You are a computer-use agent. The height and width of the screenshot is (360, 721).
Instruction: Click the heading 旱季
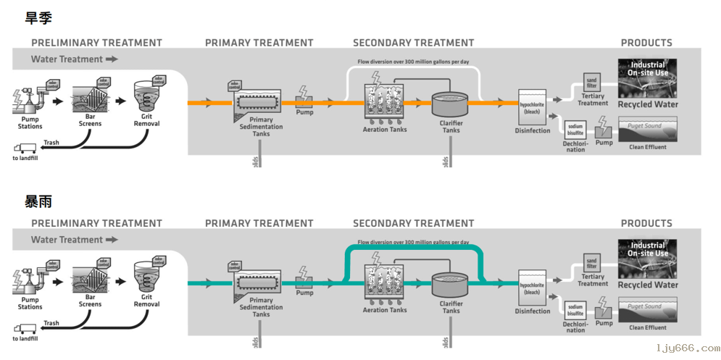pyautogui.click(x=38, y=18)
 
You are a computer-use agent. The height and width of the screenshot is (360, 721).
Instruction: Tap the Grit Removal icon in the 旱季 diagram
pyautogui.click(x=147, y=96)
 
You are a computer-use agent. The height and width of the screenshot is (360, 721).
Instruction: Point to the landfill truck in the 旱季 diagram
pyautogui.click(x=25, y=148)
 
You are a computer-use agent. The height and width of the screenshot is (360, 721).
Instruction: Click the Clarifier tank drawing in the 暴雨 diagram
pyautogui.click(x=451, y=285)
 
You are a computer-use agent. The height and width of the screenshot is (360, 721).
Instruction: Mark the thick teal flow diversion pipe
pyautogui.click(x=413, y=248)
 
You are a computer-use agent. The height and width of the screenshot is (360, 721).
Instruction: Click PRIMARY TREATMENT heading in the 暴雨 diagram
pyautogui.click(x=259, y=223)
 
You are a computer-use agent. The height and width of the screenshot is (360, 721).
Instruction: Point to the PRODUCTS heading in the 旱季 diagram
pyautogui.click(x=646, y=43)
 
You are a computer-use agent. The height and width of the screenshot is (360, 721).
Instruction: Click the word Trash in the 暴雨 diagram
pyautogui.click(x=51, y=323)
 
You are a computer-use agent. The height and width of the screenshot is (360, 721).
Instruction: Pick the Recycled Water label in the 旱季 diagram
pyautogui.click(x=648, y=104)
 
